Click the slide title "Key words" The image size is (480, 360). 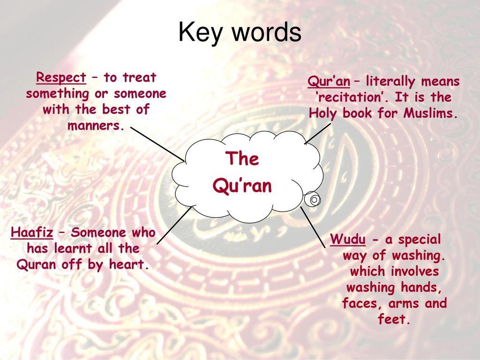coord(240,33)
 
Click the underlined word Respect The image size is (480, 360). coord(61,77)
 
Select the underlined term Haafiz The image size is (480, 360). coord(31,232)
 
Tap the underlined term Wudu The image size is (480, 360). coord(347,240)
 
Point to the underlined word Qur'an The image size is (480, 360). coord(329,82)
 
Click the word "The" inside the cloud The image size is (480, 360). coord(242,159)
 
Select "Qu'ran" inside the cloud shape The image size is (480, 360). coord(242,186)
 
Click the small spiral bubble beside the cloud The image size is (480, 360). coord(313,200)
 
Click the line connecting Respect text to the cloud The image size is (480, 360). coord(157,143)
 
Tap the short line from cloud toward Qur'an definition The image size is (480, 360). coord(317,133)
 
